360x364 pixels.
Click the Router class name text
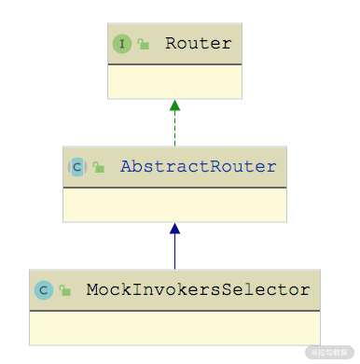[199, 43]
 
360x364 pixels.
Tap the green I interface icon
[122, 44]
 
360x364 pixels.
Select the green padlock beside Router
[143, 44]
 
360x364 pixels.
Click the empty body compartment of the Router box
[174, 82]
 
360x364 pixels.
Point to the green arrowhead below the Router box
[174, 105]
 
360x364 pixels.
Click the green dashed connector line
[174, 129]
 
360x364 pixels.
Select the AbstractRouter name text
[199, 166]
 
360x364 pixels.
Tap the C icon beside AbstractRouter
[77, 167]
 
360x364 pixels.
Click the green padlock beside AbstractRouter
[99, 167]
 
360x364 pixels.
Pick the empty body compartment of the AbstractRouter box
[174, 205]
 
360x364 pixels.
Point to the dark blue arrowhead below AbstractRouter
[174, 229]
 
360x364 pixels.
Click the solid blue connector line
[174, 251]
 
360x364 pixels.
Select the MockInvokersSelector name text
[198, 289]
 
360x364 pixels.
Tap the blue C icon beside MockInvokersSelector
[44, 290]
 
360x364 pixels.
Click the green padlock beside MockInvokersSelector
[65, 290]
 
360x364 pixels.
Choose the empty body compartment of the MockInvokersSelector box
[174, 329]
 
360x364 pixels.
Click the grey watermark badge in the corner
[329, 353]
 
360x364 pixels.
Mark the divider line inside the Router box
[174, 64]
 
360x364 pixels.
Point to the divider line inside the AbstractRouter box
[174, 188]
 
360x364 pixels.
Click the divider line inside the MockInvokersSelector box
[174, 311]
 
